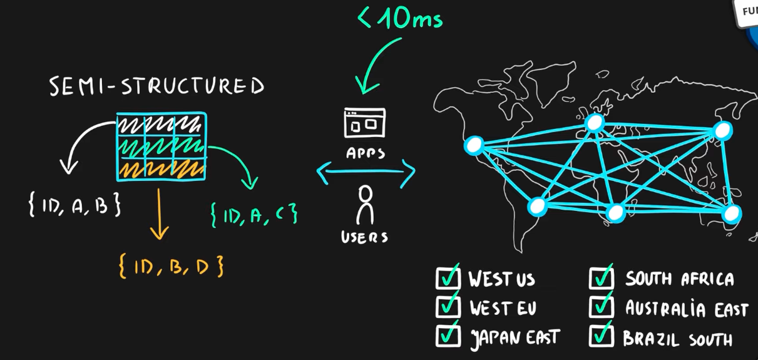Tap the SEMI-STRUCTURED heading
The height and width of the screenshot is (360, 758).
pyautogui.click(x=156, y=86)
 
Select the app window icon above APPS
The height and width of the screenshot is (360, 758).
pyautogui.click(x=365, y=123)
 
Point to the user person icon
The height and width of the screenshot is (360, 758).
pyautogui.click(x=364, y=205)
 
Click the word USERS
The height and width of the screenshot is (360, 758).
pyautogui.click(x=364, y=237)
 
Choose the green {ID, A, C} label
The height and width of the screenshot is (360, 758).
pyautogui.click(x=254, y=215)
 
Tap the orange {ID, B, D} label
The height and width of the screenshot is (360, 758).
pyautogui.click(x=170, y=267)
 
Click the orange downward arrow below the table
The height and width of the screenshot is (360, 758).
pyautogui.click(x=159, y=213)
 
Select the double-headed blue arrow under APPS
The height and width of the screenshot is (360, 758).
pyautogui.click(x=366, y=172)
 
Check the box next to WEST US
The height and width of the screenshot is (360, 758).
pyautogui.click(x=448, y=278)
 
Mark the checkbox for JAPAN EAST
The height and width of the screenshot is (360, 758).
pyautogui.click(x=448, y=336)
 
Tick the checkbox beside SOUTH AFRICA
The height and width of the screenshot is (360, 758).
pyautogui.click(x=601, y=278)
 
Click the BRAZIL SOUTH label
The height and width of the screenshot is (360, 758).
pyautogui.click(x=677, y=339)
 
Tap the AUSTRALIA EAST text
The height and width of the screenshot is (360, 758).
pyautogui.click(x=687, y=309)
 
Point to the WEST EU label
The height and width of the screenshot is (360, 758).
pyautogui.click(x=503, y=308)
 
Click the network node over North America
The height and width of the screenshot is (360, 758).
pyautogui.click(x=474, y=146)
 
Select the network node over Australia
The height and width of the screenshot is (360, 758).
pyautogui.click(x=732, y=214)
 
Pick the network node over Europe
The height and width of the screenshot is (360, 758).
pyautogui.click(x=595, y=122)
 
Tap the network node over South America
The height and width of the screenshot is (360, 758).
pyautogui.click(x=537, y=206)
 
